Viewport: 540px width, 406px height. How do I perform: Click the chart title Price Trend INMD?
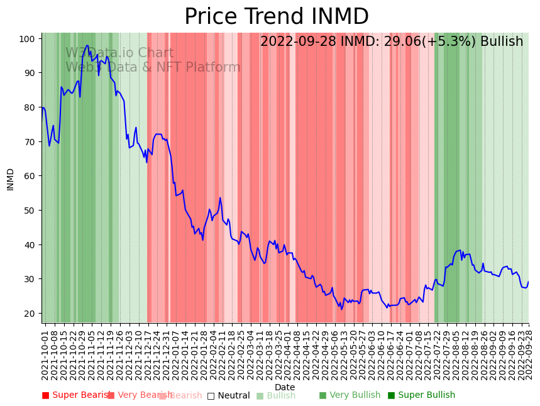coord(276,17)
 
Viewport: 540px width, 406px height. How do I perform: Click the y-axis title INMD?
coord(10,179)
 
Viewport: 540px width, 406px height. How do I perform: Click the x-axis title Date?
coord(284,387)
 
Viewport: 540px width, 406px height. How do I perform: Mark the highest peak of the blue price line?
coord(87,45)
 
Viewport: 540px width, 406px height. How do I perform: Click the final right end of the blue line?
coord(529,282)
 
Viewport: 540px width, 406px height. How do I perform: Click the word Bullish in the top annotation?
coord(502,42)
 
